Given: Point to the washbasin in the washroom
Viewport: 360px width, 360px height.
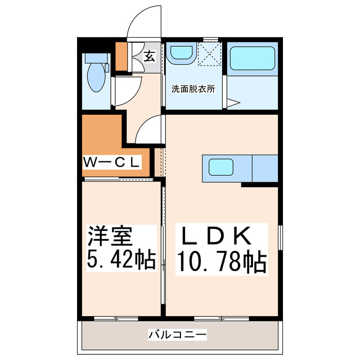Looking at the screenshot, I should (x=181, y=53).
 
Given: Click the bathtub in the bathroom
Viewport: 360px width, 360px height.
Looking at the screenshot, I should (x=252, y=57).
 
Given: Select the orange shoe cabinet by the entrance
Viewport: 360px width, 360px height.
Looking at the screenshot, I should (x=121, y=56).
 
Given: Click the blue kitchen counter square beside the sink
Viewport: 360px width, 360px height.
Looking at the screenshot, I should (x=265, y=168).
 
